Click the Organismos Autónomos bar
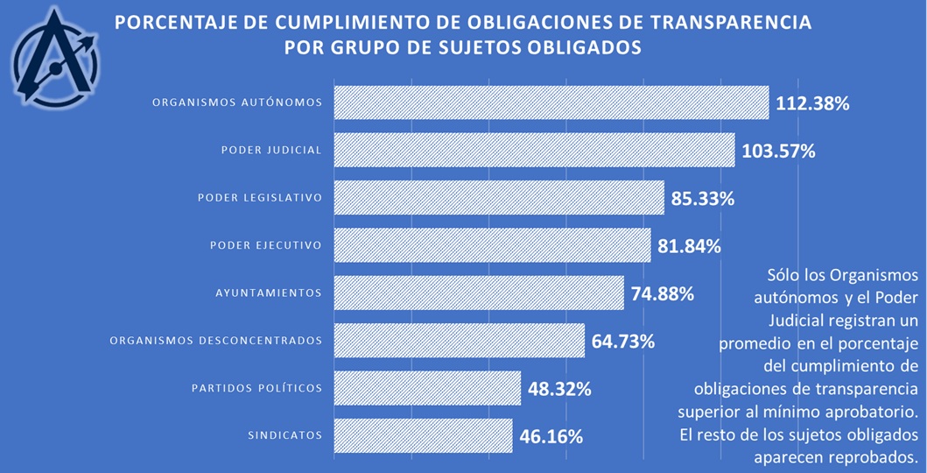551,102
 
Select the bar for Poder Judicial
534,150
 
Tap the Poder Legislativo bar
499,197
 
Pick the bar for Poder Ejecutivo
493,245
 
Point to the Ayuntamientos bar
479,293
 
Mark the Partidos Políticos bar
427,387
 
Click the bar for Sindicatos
423,435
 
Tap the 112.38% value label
812,103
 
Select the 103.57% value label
778,151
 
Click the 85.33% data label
702,198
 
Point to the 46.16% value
551,435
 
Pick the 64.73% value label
623,341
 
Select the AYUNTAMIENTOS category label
269,293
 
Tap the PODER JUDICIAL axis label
271,150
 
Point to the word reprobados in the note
877,456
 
